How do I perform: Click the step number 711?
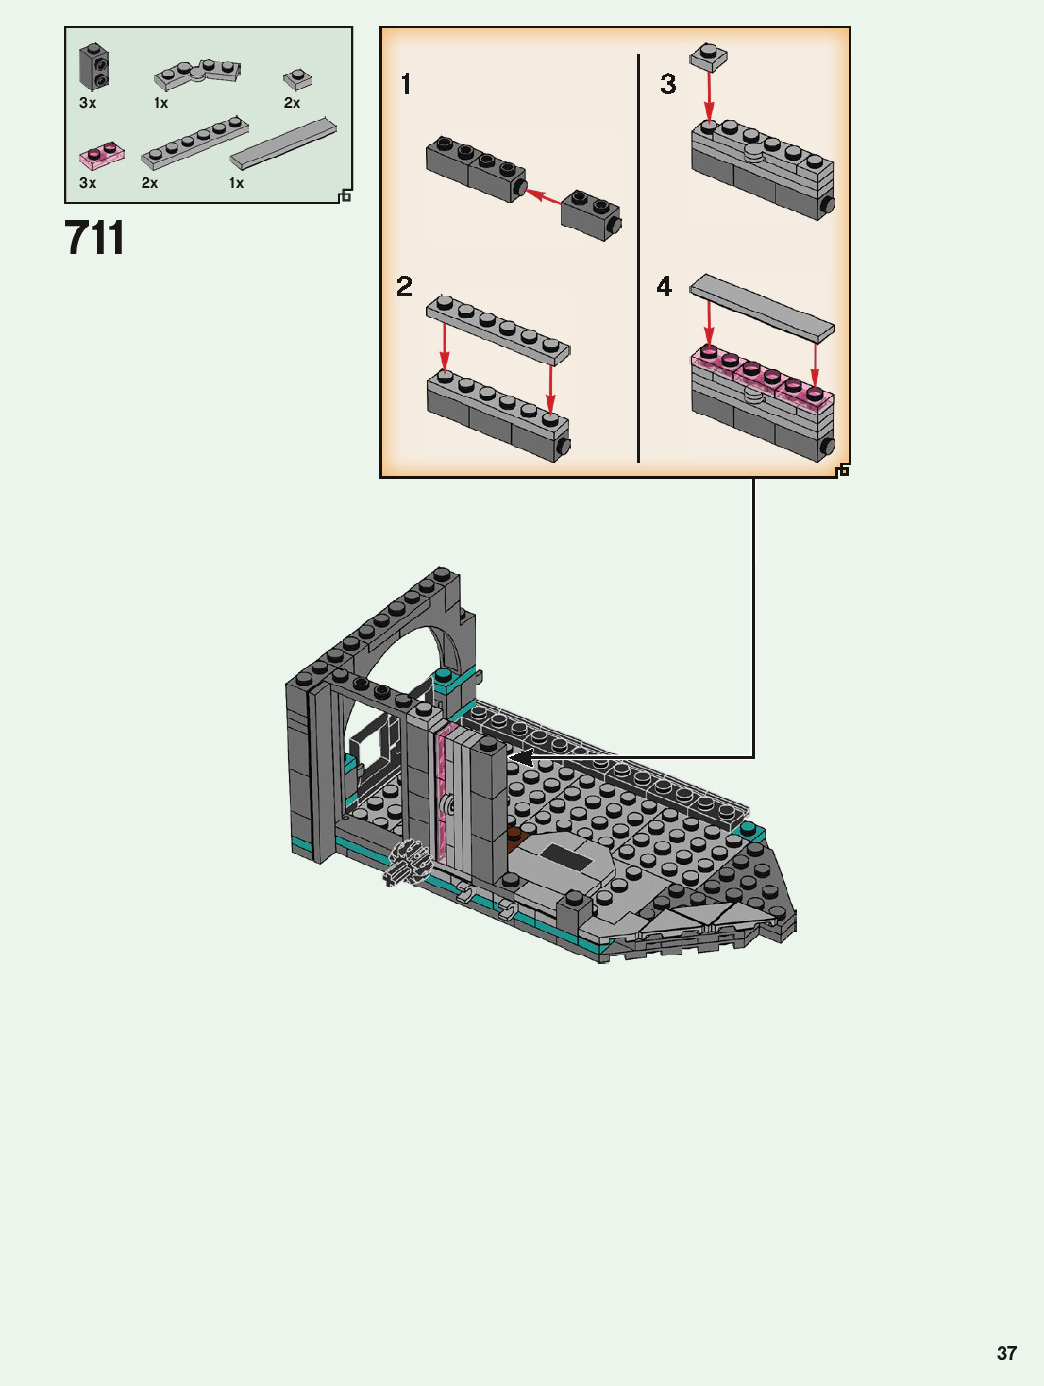[94, 237]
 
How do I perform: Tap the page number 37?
[1006, 1353]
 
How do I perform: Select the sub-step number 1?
[406, 84]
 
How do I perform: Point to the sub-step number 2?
[404, 287]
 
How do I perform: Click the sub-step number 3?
[667, 84]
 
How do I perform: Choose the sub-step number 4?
[664, 287]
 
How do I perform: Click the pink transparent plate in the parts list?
[101, 156]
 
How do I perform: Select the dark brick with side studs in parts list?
[93, 66]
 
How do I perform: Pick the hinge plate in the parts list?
[197, 74]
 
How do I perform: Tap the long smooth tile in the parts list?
[283, 143]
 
